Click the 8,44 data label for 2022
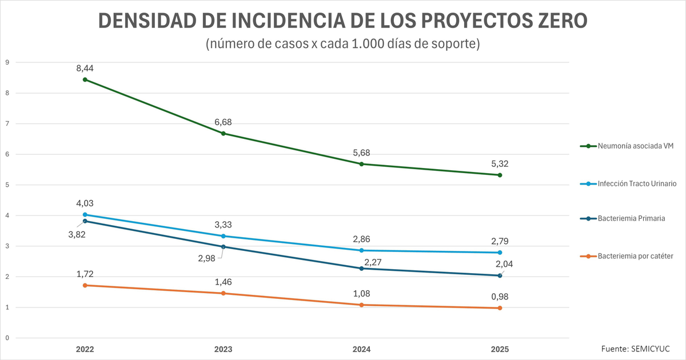point(85,68)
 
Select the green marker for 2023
point(223,134)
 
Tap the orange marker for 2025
point(500,308)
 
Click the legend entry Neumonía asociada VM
point(635,146)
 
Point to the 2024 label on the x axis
point(361,349)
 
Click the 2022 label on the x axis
point(85,349)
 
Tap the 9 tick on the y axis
point(7,62)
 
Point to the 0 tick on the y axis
point(7,338)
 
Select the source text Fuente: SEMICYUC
point(635,349)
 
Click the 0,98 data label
point(500,296)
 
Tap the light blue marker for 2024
point(361,250)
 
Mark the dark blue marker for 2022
point(85,221)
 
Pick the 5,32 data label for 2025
point(500,163)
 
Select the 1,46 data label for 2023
point(223,282)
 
